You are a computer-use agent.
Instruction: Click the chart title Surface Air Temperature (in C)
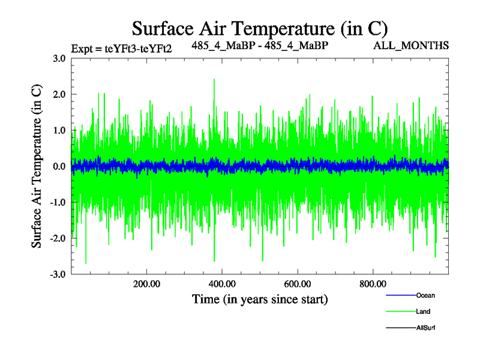click(260, 28)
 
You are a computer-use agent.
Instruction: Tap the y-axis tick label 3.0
click(59, 58)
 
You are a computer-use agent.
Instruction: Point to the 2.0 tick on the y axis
click(59, 94)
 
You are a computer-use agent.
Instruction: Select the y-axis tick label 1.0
click(59, 130)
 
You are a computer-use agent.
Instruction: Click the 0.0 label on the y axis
click(59, 166)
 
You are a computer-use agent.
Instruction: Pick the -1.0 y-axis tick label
click(58, 202)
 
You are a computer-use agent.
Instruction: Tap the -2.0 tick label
click(58, 238)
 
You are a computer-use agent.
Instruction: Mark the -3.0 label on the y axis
click(58, 274)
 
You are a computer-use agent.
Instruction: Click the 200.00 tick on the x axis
click(146, 284)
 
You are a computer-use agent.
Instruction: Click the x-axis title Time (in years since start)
click(259, 299)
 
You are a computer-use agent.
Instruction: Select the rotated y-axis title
click(37, 166)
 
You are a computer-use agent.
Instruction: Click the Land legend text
click(423, 311)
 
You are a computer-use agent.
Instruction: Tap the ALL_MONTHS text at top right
click(411, 46)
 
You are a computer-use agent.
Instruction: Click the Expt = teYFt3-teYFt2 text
click(122, 49)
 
